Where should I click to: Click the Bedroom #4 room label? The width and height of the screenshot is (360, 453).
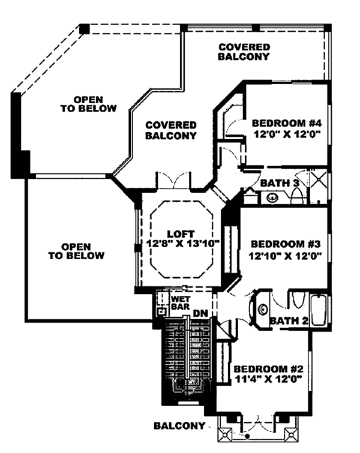[287, 124]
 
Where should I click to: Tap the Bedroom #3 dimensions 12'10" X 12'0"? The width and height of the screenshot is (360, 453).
[285, 256]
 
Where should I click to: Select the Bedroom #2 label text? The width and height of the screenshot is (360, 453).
[268, 369]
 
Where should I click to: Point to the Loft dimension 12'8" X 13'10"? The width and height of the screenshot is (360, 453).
[182, 244]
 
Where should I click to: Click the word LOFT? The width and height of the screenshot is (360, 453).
[181, 234]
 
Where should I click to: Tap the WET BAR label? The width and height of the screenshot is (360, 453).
[181, 303]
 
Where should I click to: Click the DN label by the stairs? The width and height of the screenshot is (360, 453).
[200, 313]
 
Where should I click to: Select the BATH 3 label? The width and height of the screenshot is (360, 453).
[280, 183]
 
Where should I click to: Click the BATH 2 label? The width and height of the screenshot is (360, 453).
[289, 320]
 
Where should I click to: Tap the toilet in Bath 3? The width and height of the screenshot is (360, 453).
[298, 196]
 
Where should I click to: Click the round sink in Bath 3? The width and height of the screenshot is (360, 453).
[272, 198]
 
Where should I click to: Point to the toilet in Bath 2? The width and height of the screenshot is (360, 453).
[298, 300]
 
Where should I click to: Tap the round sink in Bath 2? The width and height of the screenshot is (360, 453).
[263, 310]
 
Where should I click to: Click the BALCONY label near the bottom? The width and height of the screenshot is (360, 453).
[179, 425]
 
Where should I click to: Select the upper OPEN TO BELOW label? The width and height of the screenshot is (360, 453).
[88, 104]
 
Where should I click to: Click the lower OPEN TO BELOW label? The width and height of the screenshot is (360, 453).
[76, 251]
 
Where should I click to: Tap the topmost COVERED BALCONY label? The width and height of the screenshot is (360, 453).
[244, 52]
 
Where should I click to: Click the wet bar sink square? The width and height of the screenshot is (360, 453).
[161, 311]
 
